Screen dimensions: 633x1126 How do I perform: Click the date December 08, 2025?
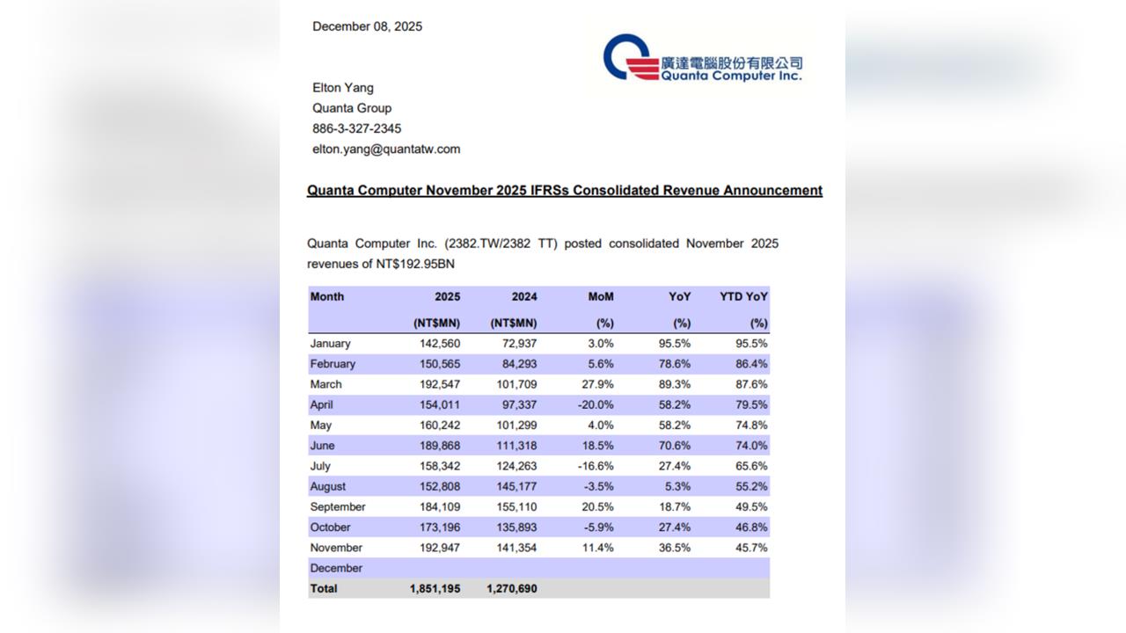point(367,26)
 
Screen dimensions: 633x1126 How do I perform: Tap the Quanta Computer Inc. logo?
point(703,58)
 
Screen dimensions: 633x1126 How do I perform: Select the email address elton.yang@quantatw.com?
point(386,149)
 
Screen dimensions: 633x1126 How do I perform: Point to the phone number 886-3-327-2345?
point(356,128)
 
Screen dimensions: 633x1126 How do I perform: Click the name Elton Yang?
point(343,88)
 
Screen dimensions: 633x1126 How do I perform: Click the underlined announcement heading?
point(564,191)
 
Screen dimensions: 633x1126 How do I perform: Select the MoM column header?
point(601,297)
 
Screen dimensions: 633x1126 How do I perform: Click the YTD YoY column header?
point(743,297)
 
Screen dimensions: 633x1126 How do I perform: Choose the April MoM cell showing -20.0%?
point(596,405)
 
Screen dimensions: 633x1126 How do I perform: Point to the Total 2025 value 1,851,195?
point(435,589)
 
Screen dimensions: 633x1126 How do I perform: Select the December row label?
point(336,569)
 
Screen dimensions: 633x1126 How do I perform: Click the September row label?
point(338,507)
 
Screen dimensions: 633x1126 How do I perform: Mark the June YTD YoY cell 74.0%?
point(751,446)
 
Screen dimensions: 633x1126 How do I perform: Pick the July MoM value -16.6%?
point(596,466)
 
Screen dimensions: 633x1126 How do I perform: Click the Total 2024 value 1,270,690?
point(511,589)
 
